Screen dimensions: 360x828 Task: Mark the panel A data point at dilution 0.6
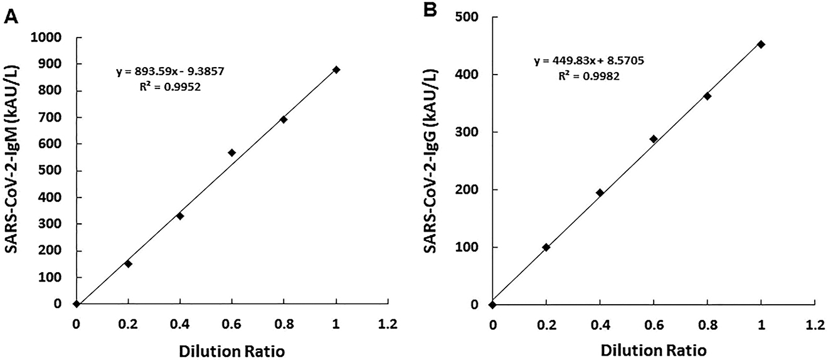[232, 152]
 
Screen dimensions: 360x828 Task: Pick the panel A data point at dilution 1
[336, 70]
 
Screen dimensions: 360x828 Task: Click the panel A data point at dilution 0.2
[128, 263]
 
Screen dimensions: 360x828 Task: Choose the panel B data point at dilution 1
[762, 45]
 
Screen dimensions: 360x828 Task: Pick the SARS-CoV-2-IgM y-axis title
[12, 170]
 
